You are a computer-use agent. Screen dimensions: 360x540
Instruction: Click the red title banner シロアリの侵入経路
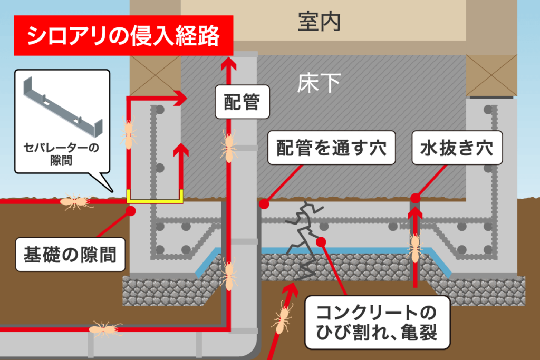click(x=123, y=36)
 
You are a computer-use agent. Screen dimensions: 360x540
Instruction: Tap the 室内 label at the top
click(x=319, y=22)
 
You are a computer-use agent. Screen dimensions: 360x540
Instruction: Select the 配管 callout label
click(x=242, y=102)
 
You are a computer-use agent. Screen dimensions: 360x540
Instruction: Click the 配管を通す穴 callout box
click(x=331, y=148)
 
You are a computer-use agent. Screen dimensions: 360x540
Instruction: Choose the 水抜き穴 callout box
click(x=457, y=148)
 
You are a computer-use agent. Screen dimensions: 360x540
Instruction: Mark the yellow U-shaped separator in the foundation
click(x=155, y=198)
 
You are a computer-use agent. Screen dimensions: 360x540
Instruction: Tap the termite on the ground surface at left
click(x=76, y=201)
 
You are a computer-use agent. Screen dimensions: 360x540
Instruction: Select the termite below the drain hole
click(x=414, y=247)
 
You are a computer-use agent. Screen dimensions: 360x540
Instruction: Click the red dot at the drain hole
click(x=415, y=198)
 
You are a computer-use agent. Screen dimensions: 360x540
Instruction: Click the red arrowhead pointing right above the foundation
click(x=181, y=98)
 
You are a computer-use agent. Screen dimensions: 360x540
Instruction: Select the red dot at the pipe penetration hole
click(x=265, y=203)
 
